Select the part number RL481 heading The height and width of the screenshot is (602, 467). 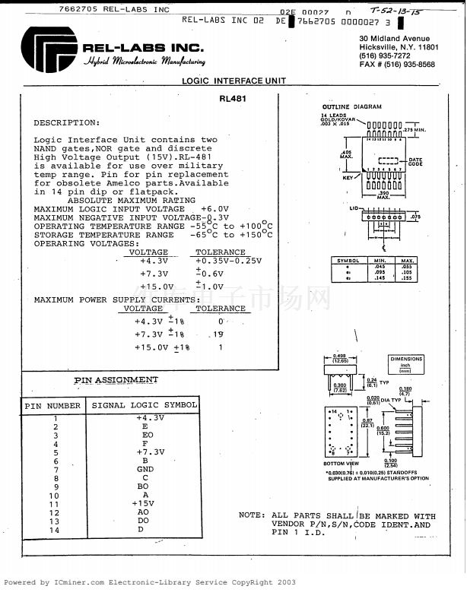[x=232, y=99]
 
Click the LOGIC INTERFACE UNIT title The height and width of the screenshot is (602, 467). [x=233, y=81]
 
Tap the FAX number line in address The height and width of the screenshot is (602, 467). [x=397, y=65]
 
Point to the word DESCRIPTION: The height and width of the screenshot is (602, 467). [x=66, y=122]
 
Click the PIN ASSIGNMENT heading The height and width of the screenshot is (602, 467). [x=116, y=380]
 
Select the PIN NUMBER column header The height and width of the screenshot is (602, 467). [x=52, y=406]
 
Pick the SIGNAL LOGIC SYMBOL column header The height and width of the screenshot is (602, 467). [x=145, y=406]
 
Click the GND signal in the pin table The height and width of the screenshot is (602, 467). [x=145, y=469]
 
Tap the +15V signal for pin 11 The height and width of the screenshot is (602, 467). [x=143, y=503]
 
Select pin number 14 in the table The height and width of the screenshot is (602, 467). [x=54, y=530]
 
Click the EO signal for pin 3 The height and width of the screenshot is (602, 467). [x=145, y=435]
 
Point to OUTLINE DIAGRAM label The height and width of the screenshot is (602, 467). [x=351, y=107]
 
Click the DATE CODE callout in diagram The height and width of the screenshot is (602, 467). [x=415, y=162]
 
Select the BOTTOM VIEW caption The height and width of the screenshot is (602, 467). [x=341, y=463]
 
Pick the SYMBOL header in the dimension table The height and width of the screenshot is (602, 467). [x=348, y=261]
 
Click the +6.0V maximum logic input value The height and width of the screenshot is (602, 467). [x=214, y=208]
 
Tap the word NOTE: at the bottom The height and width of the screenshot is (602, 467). [x=252, y=515]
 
